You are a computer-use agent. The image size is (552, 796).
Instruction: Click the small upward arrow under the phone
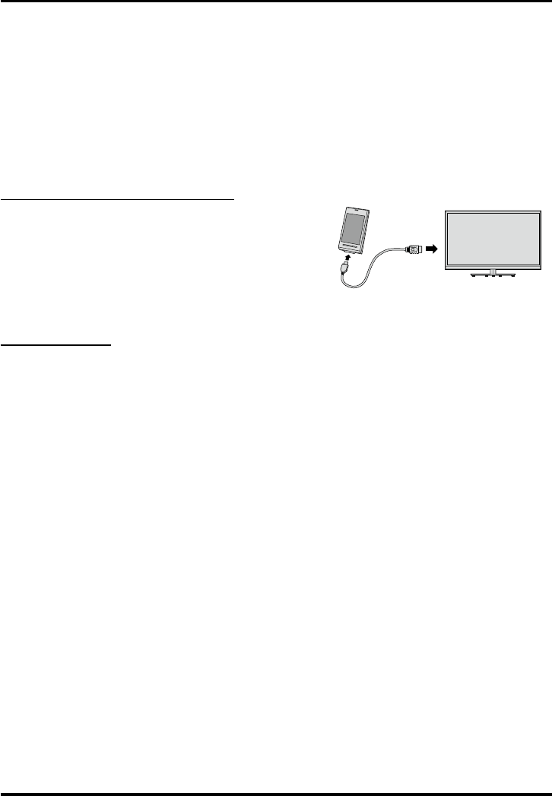coord(348,260)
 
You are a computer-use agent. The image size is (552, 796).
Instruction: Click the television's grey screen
coord(493,237)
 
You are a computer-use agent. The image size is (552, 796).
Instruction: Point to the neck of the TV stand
coord(493,271)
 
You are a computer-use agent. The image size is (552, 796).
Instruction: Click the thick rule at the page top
coord(276,2)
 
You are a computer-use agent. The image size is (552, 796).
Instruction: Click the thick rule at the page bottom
coord(276,793)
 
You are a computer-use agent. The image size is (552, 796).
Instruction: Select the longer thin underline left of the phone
coord(117,199)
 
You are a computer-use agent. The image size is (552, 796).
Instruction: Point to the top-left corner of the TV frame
coord(445,209)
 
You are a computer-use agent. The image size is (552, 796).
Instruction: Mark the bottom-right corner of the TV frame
coord(541,266)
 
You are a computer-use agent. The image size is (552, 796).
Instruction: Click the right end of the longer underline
coord(233,199)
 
